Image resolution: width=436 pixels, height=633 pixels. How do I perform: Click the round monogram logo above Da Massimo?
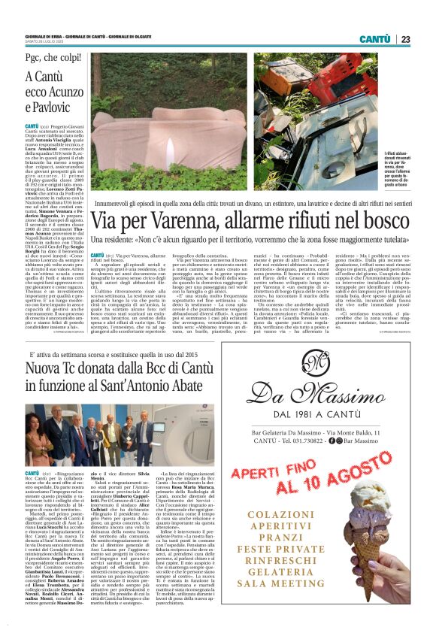point(322,368)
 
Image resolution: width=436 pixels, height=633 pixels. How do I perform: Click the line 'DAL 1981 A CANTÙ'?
point(321,435)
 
